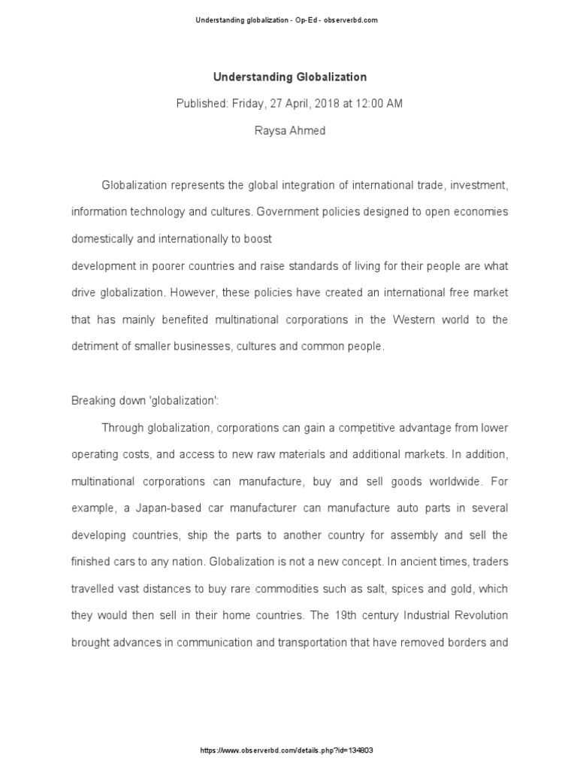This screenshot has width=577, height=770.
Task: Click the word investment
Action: pyautogui.click(x=476, y=184)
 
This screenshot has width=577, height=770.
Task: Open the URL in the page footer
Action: pyautogui.click(x=288, y=750)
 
